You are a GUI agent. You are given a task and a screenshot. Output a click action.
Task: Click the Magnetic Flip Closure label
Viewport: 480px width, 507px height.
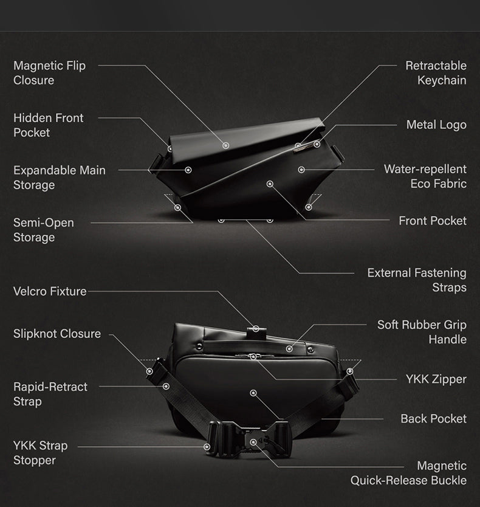click(49, 73)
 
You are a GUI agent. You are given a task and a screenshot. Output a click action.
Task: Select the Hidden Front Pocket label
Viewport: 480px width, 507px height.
click(49, 125)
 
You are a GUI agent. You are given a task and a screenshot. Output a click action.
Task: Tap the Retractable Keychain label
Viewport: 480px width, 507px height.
click(436, 73)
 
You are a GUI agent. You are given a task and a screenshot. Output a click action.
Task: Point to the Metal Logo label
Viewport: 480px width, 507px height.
click(436, 125)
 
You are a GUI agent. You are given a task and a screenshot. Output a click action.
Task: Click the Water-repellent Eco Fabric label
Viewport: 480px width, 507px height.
click(425, 176)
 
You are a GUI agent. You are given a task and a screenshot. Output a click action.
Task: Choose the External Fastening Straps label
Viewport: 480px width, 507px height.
click(417, 280)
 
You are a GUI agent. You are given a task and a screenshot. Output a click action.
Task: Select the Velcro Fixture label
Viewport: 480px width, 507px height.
click(50, 291)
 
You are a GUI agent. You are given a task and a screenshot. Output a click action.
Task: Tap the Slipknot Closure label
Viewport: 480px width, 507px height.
click(57, 334)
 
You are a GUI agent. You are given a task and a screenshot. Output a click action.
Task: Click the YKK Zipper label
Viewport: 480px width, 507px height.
click(436, 379)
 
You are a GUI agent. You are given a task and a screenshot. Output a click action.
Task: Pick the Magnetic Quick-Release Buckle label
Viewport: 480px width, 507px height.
click(408, 473)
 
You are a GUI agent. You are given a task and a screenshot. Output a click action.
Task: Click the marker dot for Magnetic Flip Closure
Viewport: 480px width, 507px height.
click(225, 145)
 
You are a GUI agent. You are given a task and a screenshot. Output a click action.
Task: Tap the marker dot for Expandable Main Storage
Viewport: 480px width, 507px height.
click(188, 170)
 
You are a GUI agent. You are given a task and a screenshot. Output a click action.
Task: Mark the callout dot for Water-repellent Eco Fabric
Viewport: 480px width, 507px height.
click(301, 170)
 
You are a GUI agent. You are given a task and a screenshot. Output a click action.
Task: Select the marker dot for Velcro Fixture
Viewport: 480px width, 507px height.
click(256, 329)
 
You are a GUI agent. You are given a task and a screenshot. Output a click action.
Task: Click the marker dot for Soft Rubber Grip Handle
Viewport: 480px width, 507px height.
click(289, 349)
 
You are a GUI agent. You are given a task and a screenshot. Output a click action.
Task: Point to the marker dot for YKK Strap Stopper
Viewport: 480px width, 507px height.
click(207, 447)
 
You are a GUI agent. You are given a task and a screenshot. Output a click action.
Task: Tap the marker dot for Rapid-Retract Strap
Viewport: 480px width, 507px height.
click(166, 386)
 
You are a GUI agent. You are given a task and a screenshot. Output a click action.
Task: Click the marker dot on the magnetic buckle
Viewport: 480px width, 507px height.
click(253, 442)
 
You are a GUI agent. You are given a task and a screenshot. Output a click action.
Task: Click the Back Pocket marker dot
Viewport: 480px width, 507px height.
click(253, 393)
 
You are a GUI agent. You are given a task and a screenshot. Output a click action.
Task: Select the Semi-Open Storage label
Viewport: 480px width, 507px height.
click(44, 230)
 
